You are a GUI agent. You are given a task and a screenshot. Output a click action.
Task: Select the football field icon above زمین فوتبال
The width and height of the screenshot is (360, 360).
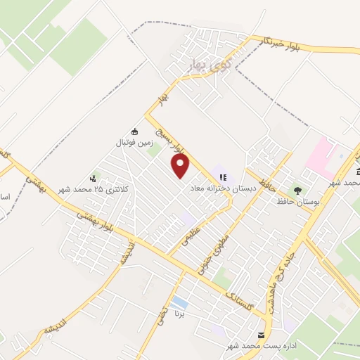(135, 131)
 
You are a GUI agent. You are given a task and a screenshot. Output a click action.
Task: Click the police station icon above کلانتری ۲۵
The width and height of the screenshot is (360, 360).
(94, 179)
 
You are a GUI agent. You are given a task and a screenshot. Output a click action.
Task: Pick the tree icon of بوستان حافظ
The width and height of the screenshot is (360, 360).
(297, 190)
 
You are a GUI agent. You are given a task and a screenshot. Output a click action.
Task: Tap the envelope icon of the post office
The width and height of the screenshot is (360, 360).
(262, 335)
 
